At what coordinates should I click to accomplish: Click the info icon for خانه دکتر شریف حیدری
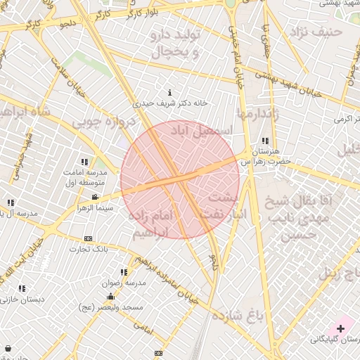coord(170,92)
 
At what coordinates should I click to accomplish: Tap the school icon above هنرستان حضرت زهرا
coord(264,140)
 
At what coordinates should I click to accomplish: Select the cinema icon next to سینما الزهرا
coord(95,197)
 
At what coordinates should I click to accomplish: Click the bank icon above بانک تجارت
coord(88,238)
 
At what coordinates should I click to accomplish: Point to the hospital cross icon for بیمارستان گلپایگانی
coord(341,328)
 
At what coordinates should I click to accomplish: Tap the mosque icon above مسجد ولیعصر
coord(110,296)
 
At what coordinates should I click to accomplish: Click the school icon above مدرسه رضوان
coord(124,271)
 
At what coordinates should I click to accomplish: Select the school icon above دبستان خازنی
coord(22,288)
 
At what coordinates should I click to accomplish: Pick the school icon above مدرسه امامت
coord(85,162)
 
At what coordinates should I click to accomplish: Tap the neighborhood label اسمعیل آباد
coord(198,130)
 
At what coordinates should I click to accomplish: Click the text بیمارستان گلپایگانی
coord(335,340)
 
